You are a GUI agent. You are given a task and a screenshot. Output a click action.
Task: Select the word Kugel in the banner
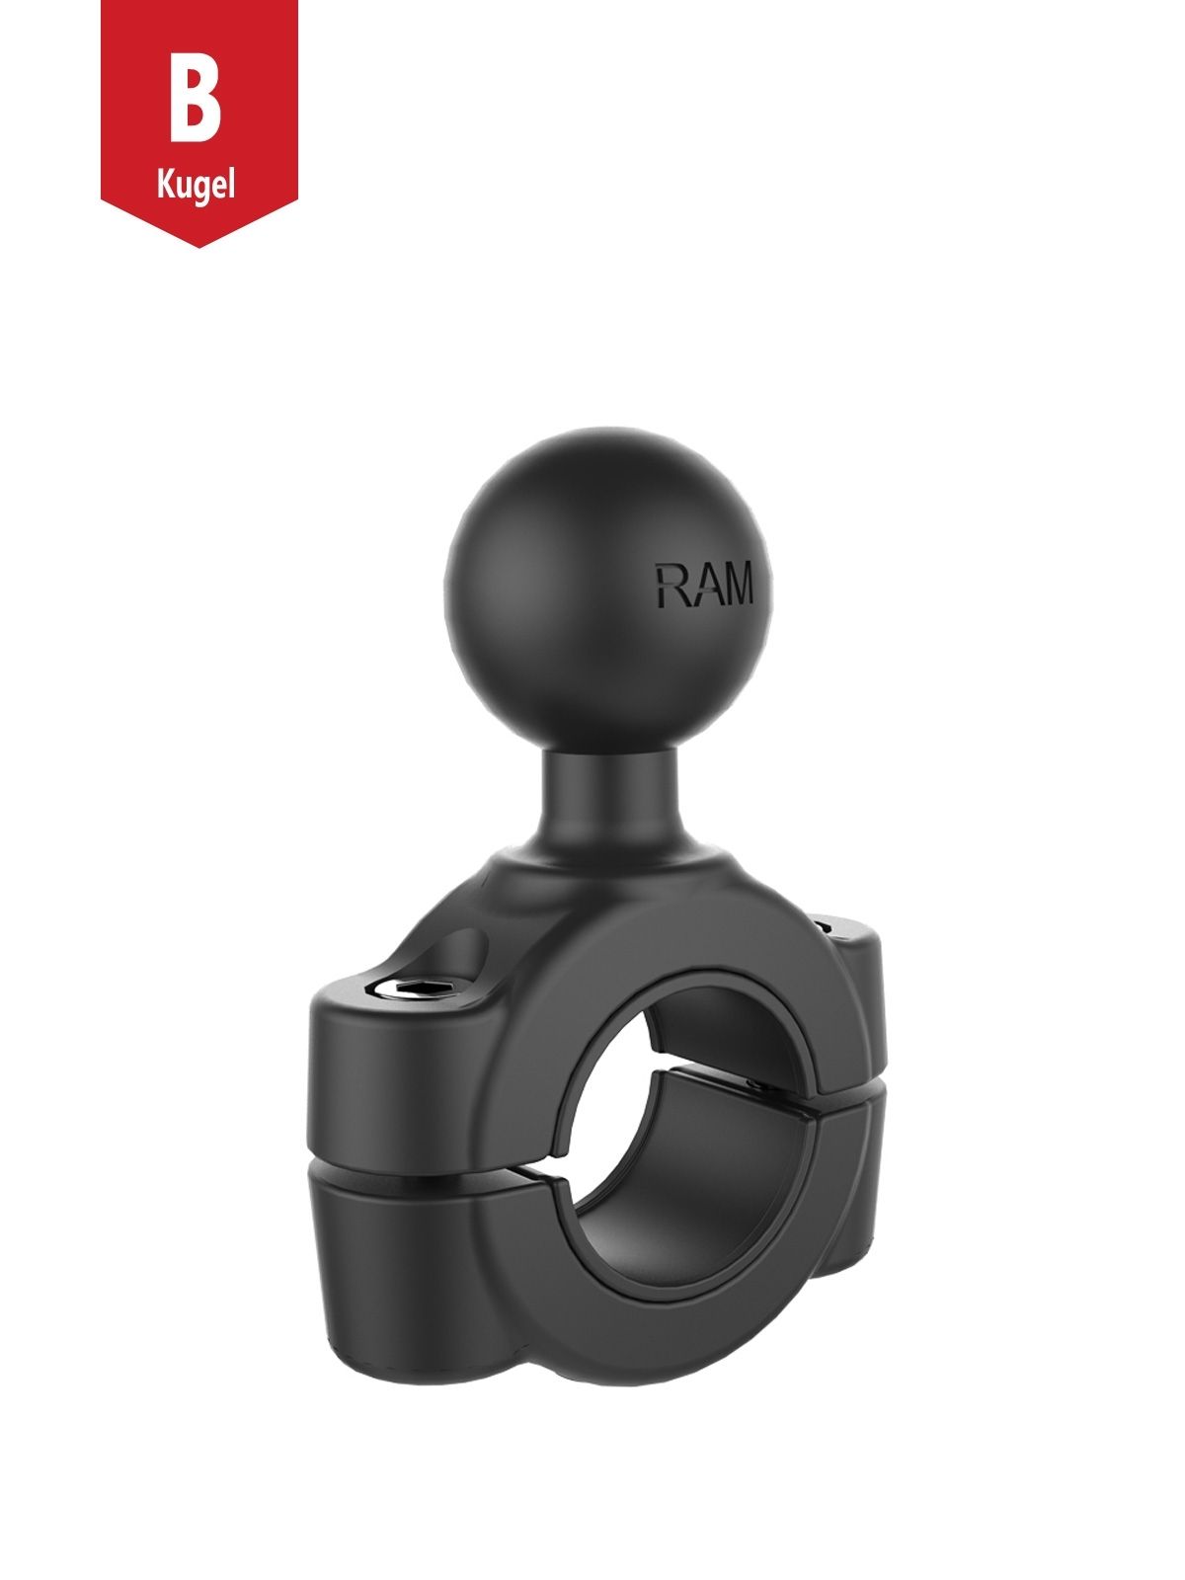click(196, 185)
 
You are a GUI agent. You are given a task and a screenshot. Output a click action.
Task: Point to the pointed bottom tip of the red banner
click(198, 242)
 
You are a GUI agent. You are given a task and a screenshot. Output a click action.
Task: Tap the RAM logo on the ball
click(702, 585)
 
